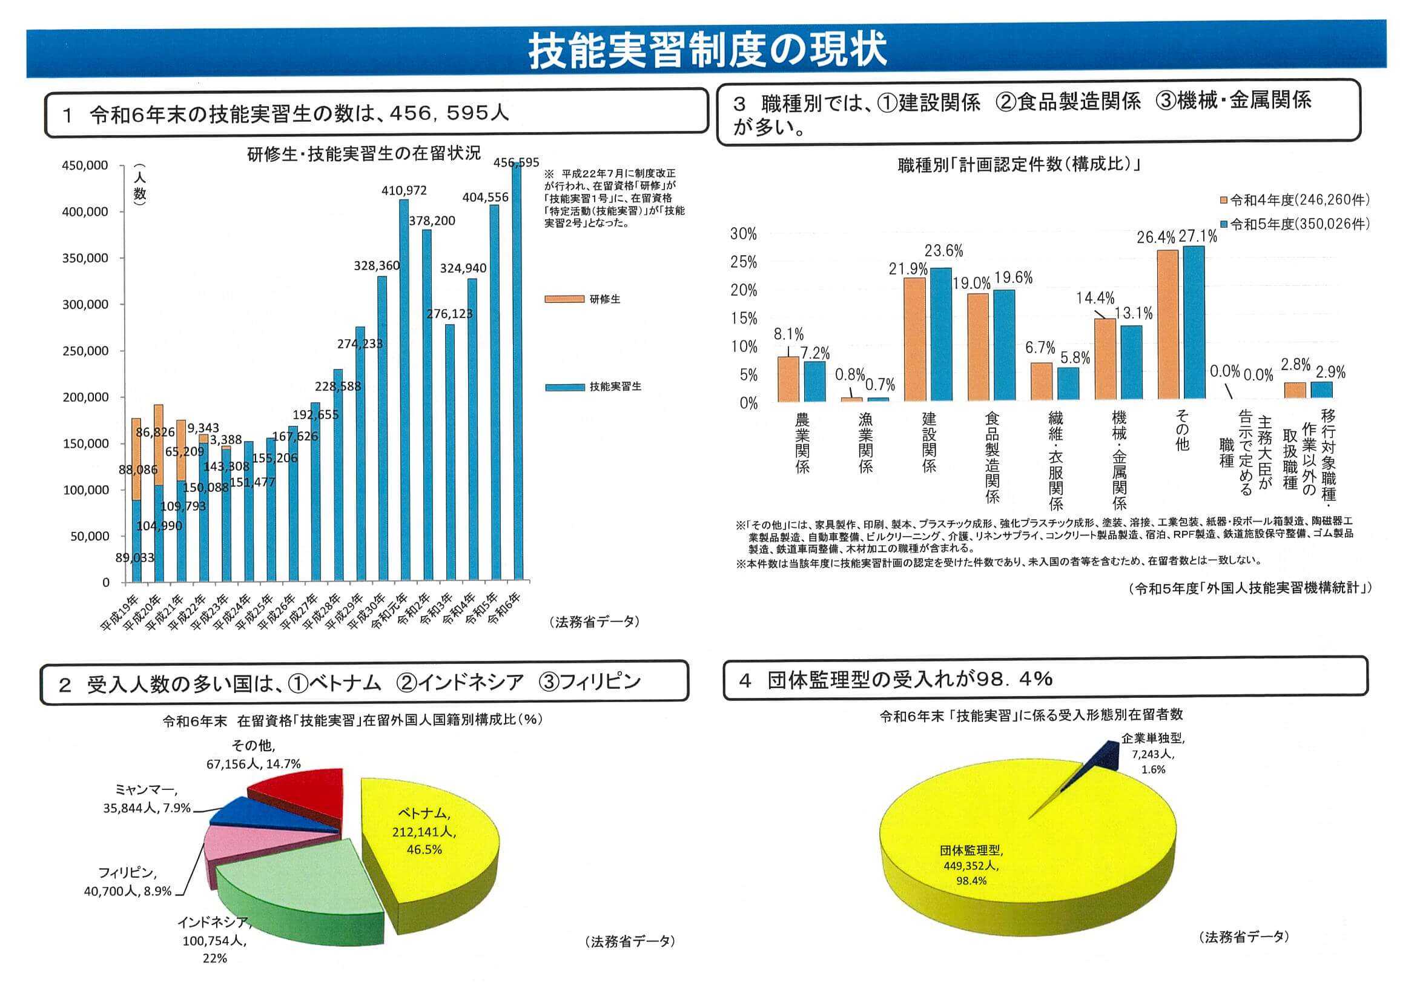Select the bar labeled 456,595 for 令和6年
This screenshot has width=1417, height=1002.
click(516, 370)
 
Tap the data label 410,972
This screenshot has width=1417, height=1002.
click(404, 191)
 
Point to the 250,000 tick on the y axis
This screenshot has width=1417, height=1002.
click(85, 351)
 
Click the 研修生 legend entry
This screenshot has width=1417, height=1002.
click(583, 299)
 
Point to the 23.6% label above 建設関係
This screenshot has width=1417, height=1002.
click(943, 251)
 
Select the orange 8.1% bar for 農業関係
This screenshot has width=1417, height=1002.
click(788, 379)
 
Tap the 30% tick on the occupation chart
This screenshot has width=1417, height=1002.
click(743, 234)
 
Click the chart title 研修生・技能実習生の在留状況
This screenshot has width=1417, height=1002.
click(363, 154)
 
